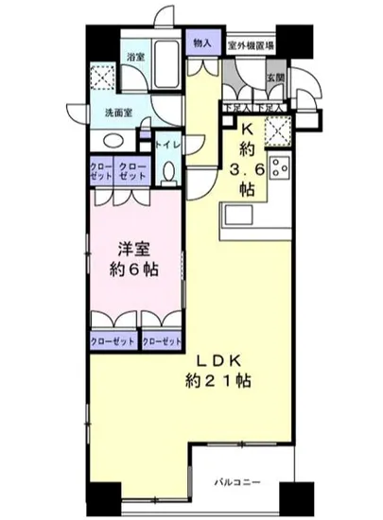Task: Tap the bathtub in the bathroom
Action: [168, 61]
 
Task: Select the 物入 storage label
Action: [201, 43]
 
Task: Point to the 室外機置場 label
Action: [251, 43]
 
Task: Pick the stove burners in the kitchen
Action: [279, 167]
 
